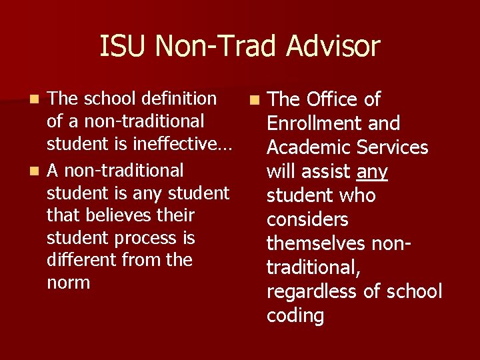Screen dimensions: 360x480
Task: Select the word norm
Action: coord(69,283)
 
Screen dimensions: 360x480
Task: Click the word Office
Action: coord(332,99)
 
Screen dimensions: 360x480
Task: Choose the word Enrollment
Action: coord(313,123)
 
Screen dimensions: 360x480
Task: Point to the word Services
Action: coord(392,147)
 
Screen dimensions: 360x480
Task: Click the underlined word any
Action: coord(372,172)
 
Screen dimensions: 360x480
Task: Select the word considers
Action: coord(307,219)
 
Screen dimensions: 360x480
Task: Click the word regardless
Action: coord(311,291)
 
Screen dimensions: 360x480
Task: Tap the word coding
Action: coord(295,315)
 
